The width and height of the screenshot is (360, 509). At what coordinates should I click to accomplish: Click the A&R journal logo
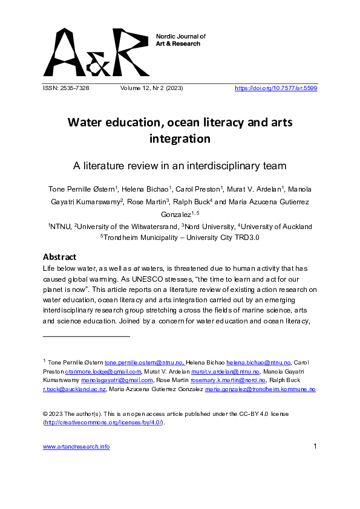[x=96, y=52]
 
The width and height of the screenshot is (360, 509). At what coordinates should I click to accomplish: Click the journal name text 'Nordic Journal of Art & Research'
[x=181, y=40]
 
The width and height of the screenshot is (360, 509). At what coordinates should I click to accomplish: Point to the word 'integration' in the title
[x=180, y=139]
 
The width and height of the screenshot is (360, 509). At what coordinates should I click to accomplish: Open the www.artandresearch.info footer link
[x=76, y=447]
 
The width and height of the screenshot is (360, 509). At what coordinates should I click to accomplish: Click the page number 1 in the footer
[x=315, y=447]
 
